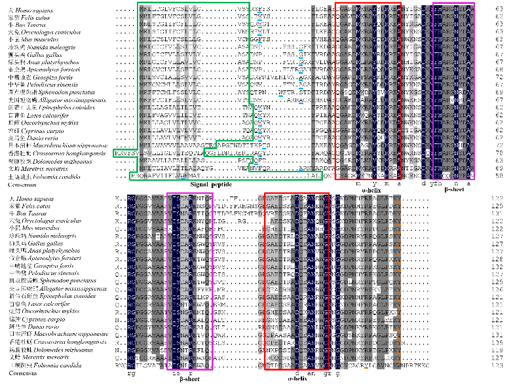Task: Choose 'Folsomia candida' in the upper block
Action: coord(42,176)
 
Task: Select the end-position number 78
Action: coord(499,152)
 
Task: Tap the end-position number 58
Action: coord(499,176)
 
